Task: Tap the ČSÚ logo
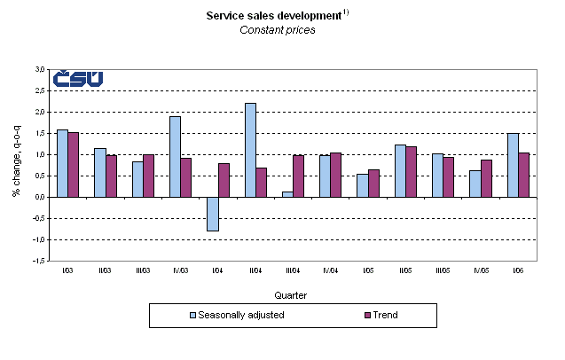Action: [x=77, y=79]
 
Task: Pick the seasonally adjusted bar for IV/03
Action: [x=175, y=156]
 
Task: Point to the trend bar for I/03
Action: [x=73, y=164]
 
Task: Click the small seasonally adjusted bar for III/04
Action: [x=287, y=194]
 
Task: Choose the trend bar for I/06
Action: [x=524, y=175]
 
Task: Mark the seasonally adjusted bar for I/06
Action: [x=513, y=165]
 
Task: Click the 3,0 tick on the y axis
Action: [x=40, y=69]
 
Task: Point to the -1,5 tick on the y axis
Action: [x=39, y=262]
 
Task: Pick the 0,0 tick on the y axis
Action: [x=40, y=197]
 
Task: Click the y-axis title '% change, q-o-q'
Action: [x=17, y=164]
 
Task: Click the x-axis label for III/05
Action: [x=443, y=270]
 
